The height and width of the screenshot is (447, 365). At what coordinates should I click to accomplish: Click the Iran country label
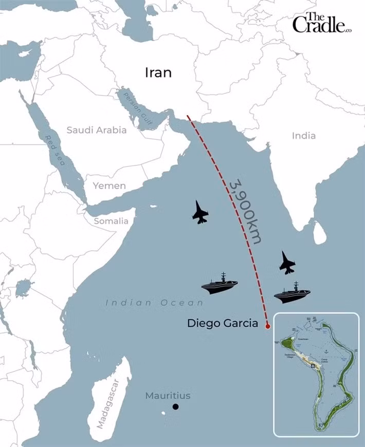coord(158,72)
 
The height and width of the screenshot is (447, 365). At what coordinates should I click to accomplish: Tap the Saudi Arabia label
coord(97,130)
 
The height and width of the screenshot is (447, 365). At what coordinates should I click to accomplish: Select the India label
coord(304,136)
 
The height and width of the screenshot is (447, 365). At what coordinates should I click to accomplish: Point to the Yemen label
coord(109,185)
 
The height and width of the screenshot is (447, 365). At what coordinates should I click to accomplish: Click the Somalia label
coord(111,221)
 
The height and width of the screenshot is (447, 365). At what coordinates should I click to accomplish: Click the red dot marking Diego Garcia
coord(267,326)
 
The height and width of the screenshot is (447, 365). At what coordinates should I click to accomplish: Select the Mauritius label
coord(168,396)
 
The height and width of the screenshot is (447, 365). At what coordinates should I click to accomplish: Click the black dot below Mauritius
coord(176,407)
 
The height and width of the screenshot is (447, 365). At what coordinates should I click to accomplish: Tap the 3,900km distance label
coord(246,211)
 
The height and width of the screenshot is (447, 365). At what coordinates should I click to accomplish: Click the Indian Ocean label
coord(154,303)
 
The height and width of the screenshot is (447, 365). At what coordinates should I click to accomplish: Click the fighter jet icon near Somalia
coord(200,212)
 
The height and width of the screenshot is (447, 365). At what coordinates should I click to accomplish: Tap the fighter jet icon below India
coord(287,263)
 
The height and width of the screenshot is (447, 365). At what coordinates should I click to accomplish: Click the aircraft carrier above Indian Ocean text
coord(220,284)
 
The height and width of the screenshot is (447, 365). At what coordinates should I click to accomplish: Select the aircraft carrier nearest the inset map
coord(292,293)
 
